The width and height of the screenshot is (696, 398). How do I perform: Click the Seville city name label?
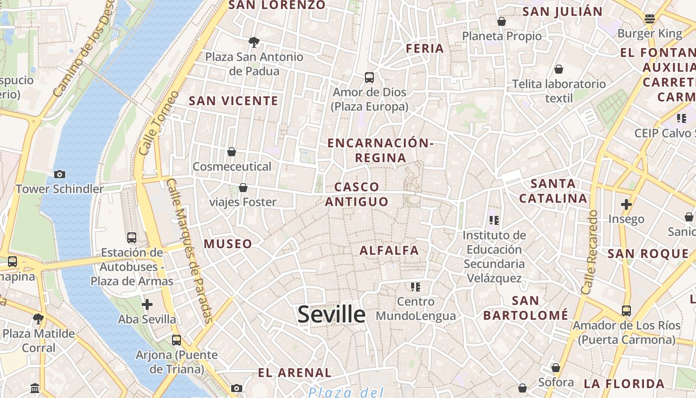click(332, 315)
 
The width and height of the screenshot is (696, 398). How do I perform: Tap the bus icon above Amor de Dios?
click(369, 78)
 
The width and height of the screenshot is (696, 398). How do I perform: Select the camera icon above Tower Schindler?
click(60, 174)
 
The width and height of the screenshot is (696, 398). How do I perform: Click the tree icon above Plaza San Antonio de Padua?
click(254, 42)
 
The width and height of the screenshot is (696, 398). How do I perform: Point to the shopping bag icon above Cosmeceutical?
click(232, 151)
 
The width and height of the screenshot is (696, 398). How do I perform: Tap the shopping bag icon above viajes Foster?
click(243, 188)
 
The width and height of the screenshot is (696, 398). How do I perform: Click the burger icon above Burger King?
click(649, 19)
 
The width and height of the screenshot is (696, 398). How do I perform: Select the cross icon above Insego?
click(626, 204)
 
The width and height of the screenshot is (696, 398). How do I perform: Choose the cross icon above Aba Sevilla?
click(147, 304)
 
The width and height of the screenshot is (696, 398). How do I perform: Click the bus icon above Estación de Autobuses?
click(131, 238)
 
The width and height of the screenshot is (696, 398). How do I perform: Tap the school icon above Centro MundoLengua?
click(416, 287)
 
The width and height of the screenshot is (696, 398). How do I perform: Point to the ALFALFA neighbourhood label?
click(389, 250)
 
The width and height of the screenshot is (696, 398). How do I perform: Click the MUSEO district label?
click(228, 244)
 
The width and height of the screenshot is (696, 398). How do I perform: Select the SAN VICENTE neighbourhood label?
click(234, 100)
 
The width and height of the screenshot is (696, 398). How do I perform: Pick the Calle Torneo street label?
click(153, 123)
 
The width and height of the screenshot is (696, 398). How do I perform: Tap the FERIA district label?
click(425, 48)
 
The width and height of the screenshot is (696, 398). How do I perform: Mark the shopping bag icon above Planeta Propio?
click(502, 21)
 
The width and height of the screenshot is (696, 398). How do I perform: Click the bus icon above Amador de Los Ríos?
click(626, 311)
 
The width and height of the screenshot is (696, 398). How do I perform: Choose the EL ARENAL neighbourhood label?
click(295, 373)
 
